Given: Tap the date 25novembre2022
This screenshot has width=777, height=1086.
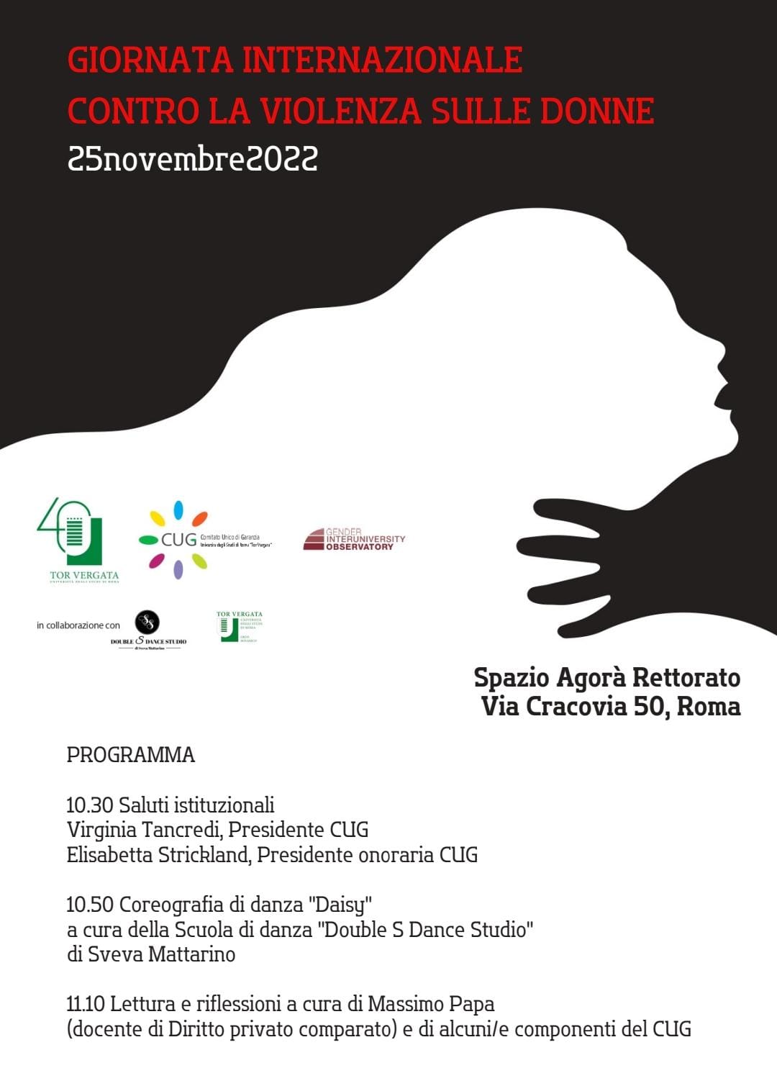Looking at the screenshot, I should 193,158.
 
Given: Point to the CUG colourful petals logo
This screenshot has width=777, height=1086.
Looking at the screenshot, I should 178,540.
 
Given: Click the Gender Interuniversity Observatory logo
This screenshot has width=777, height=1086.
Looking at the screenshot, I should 354,539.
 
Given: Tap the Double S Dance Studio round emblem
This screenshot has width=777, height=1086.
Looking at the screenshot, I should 147,622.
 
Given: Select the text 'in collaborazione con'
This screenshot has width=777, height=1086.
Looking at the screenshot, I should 78,625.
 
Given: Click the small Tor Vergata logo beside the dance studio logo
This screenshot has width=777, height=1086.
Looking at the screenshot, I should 239,627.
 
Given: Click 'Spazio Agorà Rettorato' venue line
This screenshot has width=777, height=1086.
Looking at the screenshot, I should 606,678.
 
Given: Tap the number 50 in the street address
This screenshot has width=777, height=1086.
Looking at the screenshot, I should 650,707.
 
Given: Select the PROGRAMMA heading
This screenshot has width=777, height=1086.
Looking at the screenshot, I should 131,755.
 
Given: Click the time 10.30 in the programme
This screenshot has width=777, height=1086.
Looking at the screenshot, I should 89,805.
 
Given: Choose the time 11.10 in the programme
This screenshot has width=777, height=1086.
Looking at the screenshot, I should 86,1004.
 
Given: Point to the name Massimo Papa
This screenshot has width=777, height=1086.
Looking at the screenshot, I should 431,1004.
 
